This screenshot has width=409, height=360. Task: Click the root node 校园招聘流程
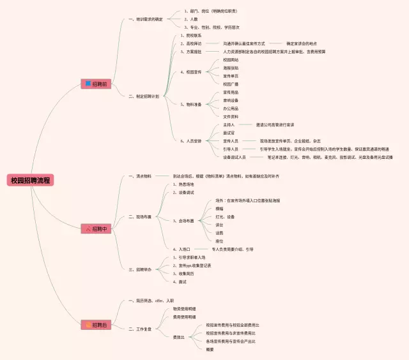(x=31, y=180)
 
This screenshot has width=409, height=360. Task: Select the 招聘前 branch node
(x=96, y=84)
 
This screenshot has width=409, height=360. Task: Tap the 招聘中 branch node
(x=96, y=229)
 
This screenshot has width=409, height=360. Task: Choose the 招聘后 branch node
(x=96, y=325)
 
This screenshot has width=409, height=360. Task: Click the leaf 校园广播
(x=231, y=84)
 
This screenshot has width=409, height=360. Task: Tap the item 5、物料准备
(x=191, y=105)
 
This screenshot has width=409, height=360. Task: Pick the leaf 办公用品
(x=231, y=109)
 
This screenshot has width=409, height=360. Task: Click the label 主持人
(x=229, y=124)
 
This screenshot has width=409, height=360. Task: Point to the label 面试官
(x=229, y=133)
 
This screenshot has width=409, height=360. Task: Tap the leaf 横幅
(x=220, y=208)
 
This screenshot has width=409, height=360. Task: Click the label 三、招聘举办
(x=144, y=269)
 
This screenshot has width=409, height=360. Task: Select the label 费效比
(x=180, y=337)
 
